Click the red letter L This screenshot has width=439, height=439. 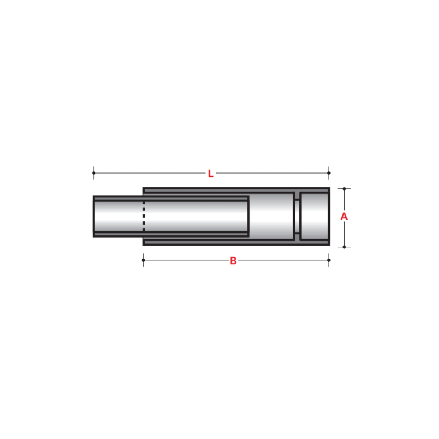pyautogui.click(x=210, y=174)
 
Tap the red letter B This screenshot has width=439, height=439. pyautogui.click(x=233, y=260)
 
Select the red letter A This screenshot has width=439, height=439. pyautogui.click(x=344, y=217)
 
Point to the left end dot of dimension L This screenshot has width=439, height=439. pyautogui.click(x=94, y=173)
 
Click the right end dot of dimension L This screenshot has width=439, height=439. pyautogui.click(x=329, y=173)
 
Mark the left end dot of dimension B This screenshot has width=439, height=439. pyautogui.click(x=144, y=260)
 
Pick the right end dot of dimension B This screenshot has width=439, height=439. pyautogui.click(x=329, y=260)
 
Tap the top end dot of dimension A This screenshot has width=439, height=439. pyautogui.click(x=344, y=189)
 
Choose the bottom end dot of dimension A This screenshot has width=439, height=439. pyautogui.click(x=344, y=247)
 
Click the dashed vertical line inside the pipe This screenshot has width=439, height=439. pyautogui.click(x=144, y=216)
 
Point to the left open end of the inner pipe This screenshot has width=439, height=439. pyautogui.click(x=94, y=216)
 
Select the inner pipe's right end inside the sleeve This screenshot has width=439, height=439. pyautogui.click(x=248, y=216)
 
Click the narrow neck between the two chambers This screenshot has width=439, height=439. pyautogui.click(x=297, y=216)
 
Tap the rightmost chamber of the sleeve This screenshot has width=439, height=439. pyautogui.click(x=314, y=216)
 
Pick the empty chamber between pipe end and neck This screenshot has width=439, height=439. pyautogui.click(x=271, y=216)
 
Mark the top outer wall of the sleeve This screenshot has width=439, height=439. pyautogui.click(x=235, y=190)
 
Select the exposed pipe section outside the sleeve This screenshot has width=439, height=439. pyautogui.click(x=118, y=216)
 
